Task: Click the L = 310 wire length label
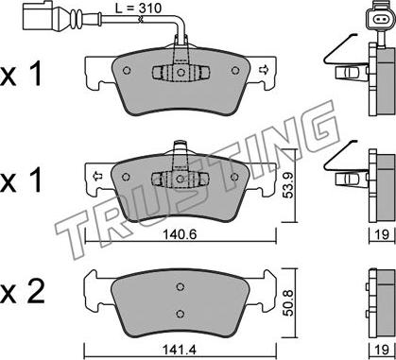point(138,9)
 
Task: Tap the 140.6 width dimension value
point(180,234)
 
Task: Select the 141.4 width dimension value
point(180,350)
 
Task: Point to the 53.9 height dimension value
point(287,185)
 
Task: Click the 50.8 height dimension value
point(288,303)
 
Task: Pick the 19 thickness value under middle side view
point(382,234)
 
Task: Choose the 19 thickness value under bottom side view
point(382,350)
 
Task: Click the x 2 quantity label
point(22,292)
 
